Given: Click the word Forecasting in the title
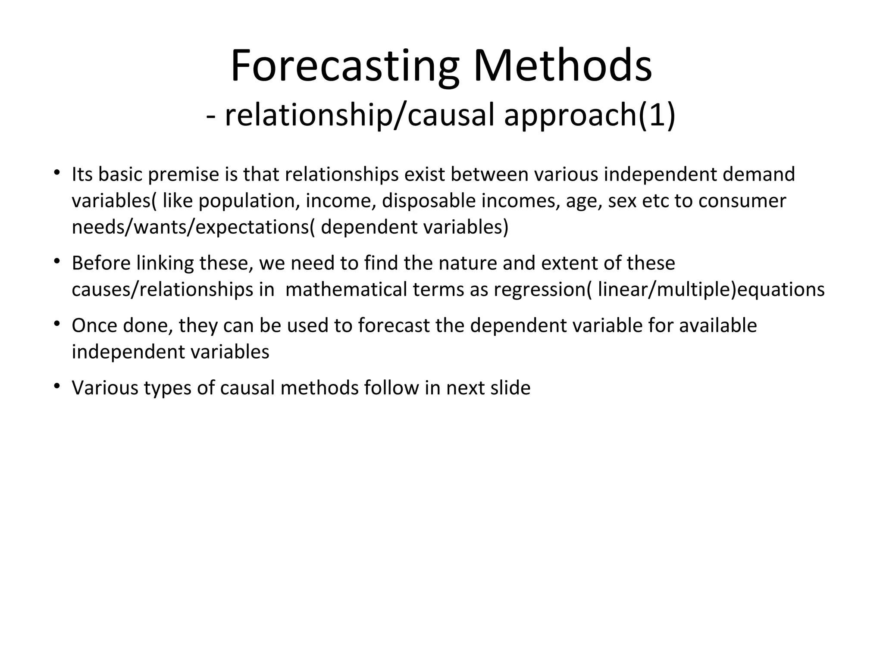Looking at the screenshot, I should [x=345, y=67].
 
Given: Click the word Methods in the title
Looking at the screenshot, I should [x=563, y=67].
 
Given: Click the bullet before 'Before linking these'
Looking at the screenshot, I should [x=56, y=262].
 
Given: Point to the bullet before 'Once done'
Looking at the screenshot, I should [x=56, y=324].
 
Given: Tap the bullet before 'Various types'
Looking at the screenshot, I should [x=56, y=387].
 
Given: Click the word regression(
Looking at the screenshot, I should [x=543, y=290].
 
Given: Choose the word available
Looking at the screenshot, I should [x=718, y=326].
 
